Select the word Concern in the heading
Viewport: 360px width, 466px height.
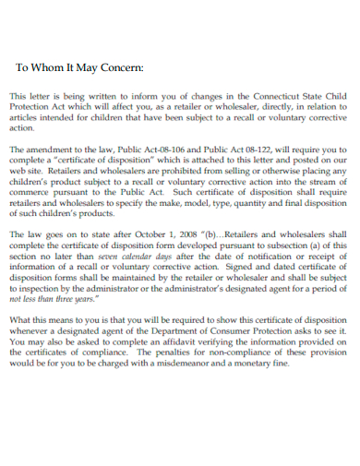[x=120, y=67]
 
